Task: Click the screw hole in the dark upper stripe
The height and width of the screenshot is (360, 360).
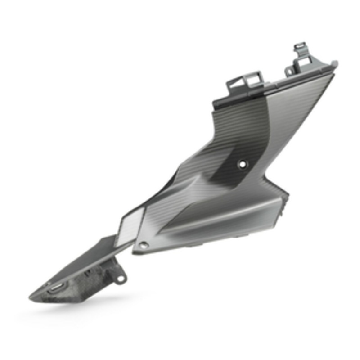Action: click(x=243, y=164)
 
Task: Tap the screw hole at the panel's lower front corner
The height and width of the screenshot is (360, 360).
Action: click(x=144, y=245)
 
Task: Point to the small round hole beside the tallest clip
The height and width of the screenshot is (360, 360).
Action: click(x=289, y=70)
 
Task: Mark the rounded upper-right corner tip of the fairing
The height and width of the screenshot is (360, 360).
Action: click(x=335, y=63)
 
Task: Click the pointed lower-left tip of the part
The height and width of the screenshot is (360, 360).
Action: click(x=31, y=297)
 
